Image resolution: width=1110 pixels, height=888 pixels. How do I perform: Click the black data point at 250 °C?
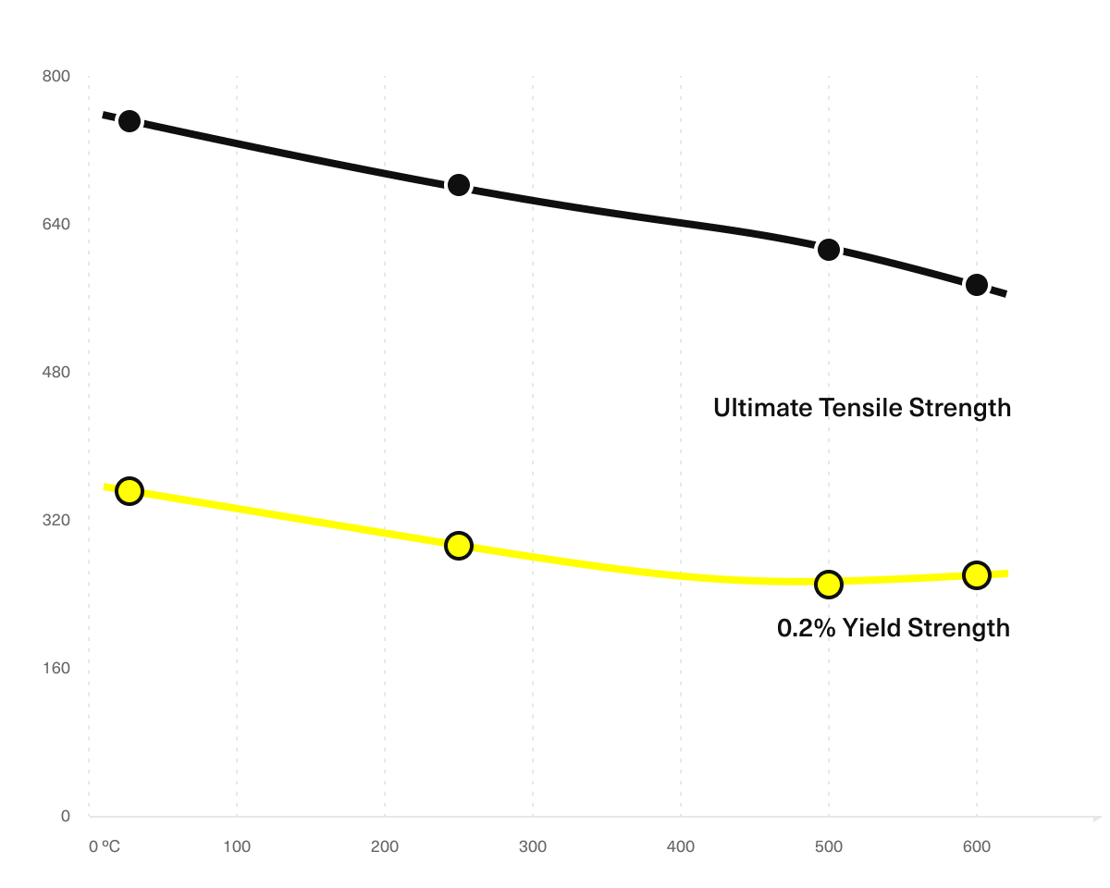(x=458, y=185)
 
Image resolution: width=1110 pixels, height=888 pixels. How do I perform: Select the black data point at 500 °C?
(x=829, y=249)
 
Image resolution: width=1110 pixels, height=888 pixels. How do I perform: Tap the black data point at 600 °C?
(x=976, y=284)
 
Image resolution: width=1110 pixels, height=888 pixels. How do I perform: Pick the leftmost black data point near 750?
(x=129, y=121)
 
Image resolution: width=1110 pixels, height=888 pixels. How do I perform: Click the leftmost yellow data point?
(x=129, y=490)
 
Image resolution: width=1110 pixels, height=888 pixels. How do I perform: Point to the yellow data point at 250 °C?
(x=458, y=545)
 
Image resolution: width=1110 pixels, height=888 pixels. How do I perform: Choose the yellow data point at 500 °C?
(x=829, y=584)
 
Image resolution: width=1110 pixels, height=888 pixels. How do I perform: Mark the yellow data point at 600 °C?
(x=976, y=574)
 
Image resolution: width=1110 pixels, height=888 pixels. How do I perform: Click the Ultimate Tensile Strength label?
(x=861, y=407)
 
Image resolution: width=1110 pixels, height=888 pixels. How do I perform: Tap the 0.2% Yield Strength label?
(x=893, y=628)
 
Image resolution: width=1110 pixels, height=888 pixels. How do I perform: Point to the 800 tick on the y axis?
(x=56, y=77)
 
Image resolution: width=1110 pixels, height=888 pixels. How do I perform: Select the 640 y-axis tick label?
(x=56, y=225)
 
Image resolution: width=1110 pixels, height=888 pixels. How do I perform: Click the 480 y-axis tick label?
(x=56, y=373)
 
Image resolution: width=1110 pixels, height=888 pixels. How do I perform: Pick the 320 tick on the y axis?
(x=56, y=521)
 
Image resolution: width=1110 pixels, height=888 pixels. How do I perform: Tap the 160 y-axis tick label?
(x=56, y=669)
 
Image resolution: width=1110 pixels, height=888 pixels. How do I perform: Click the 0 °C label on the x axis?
(x=105, y=846)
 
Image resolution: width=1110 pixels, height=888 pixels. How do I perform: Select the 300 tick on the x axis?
(x=533, y=846)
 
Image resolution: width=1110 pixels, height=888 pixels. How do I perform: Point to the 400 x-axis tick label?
(x=681, y=846)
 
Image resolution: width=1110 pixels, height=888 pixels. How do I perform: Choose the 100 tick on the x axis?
(x=237, y=846)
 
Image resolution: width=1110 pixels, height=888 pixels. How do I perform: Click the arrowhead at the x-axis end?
(x=1097, y=818)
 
